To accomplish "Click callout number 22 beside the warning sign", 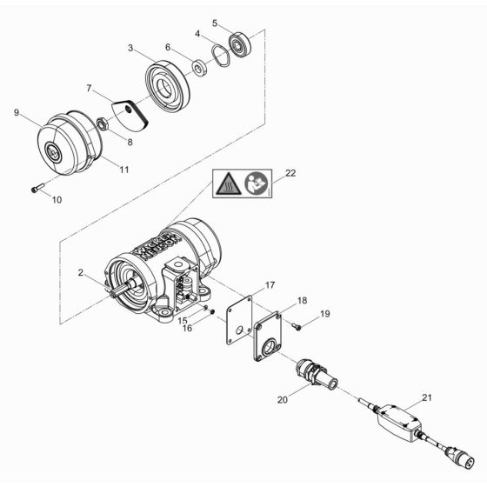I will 290,173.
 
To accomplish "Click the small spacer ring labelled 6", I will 198,65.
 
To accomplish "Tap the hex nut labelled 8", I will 103,124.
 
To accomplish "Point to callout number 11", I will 124,170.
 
